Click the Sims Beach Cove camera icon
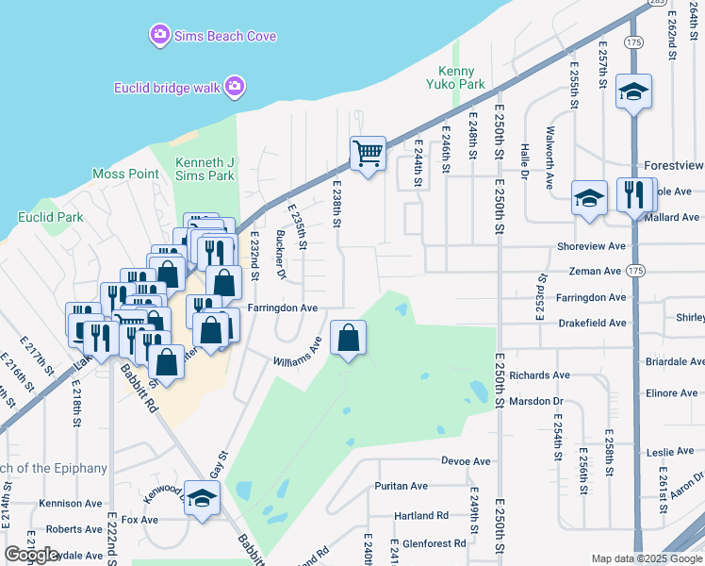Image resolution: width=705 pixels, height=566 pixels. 159,36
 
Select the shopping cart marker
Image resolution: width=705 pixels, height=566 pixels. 368,152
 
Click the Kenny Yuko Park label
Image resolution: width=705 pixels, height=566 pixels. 462,77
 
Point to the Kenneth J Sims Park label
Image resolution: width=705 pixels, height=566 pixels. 205,169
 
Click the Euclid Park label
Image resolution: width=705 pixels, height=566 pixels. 51,217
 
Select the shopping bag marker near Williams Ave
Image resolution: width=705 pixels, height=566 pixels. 348,338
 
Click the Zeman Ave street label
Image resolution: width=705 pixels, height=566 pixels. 596,271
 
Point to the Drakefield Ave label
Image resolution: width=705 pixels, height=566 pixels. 592,323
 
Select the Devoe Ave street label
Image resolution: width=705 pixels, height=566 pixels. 467,461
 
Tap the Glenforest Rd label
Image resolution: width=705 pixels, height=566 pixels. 434,543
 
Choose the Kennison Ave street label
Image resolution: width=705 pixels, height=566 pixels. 71,504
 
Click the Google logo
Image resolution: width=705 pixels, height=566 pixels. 32,555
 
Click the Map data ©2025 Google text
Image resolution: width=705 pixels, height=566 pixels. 646,559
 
